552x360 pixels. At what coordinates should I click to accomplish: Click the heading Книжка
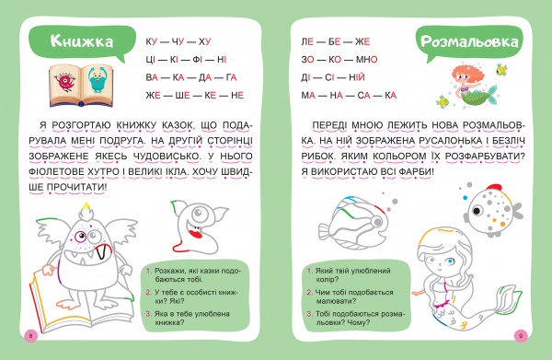tap(82, 41)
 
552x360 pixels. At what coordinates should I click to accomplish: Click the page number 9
tap(521, 334)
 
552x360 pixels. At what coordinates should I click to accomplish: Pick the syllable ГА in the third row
tap(231, 76)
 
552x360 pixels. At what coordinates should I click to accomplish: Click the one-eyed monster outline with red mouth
tap(196, 227)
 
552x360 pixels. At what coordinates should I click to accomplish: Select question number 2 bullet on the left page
tap(148, 292)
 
